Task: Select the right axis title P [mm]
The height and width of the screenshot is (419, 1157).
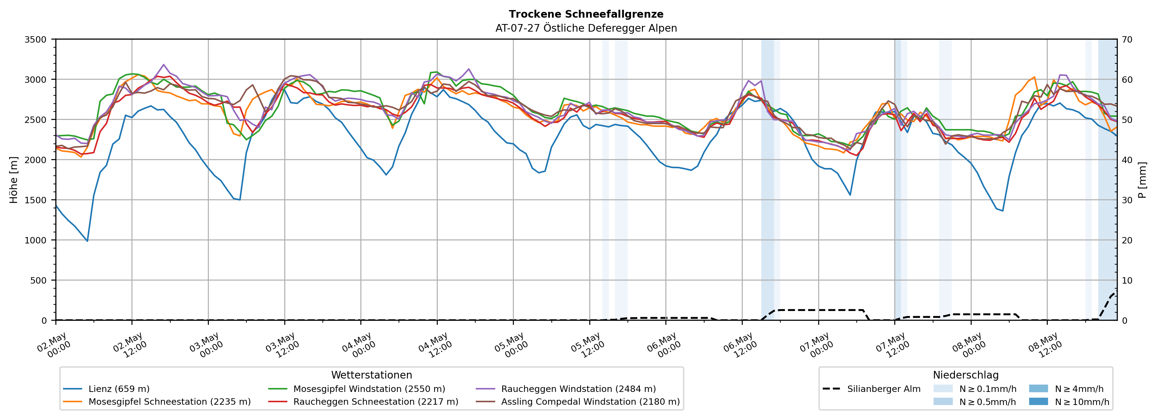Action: (x=1142, y=180)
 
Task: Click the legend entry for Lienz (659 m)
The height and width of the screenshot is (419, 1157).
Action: (x=107, y=389)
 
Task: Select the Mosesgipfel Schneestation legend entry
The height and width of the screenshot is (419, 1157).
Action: (x=157, y=401)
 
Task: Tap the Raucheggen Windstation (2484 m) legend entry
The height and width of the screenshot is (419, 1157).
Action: (x=566, y=389)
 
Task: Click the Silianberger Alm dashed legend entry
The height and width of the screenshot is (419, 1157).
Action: (x=871, y=389)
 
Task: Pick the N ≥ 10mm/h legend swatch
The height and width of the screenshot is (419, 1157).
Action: (x=1038, y=401)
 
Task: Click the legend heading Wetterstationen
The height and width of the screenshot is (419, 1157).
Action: (x=371, y=375)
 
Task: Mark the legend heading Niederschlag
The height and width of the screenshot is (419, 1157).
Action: (x=966, y=375)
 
